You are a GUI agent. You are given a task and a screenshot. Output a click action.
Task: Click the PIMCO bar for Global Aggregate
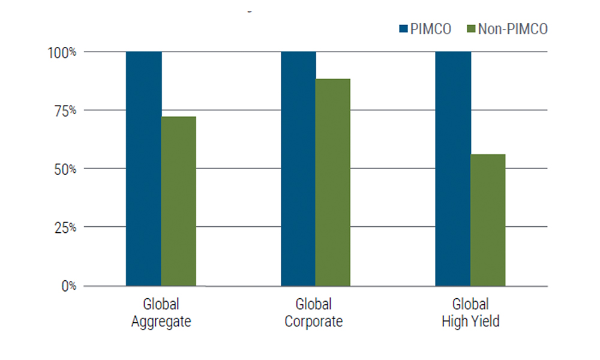tap(143, 169)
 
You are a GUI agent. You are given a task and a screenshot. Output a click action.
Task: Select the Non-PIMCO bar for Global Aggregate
tap(179, 201)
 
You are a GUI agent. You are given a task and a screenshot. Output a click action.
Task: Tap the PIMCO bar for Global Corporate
tap(298, 169)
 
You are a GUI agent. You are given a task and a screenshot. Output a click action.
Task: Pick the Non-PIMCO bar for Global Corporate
tap(333, 182)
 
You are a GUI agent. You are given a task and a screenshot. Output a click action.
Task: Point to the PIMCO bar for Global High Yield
tap(453, 169)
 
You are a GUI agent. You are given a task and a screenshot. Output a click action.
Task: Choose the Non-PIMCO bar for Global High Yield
tap(488, 220)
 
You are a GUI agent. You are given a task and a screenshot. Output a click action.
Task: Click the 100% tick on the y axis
tap(62, 52)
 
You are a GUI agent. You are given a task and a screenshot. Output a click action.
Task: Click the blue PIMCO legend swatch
tap(403, 29)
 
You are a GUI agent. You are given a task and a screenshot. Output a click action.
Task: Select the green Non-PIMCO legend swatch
tap(470, 29)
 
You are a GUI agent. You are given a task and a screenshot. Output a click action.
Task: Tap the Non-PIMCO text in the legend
tap(513, 29)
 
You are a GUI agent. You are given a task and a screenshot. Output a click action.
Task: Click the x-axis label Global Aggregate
tap(161, 313)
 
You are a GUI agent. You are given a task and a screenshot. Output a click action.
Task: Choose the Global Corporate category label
tap(313, 313)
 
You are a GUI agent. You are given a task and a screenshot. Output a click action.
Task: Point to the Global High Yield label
tap(470, 313)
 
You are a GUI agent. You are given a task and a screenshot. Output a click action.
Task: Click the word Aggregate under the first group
tap(161, 322)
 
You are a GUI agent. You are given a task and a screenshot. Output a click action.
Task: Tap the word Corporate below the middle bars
tap(313, 322)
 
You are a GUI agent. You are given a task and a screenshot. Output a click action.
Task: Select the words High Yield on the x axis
tap(470, 322)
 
